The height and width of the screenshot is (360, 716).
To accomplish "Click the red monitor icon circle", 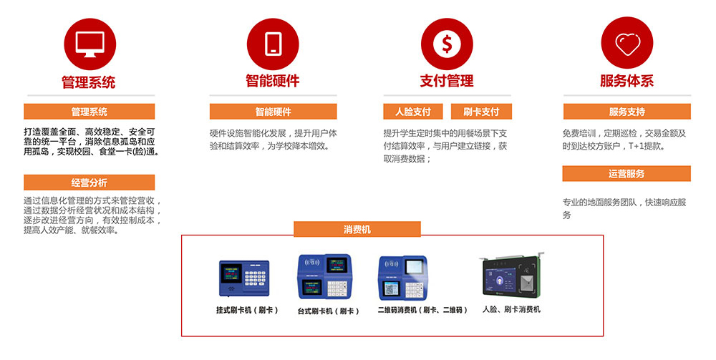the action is coord(90,44).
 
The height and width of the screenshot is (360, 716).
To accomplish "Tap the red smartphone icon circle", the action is coord(273,44).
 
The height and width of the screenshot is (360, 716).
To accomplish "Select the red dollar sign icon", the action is coord(447,44).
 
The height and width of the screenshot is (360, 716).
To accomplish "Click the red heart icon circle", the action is coord(627,43).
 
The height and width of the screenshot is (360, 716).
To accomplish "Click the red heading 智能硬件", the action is coord(273,81).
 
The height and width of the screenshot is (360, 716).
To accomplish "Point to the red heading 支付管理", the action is coord(447,81).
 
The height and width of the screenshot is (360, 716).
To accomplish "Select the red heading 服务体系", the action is coord(627,81).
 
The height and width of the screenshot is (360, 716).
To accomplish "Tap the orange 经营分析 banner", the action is coord(89,183).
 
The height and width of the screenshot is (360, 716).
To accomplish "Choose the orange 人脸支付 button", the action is coord(413,112).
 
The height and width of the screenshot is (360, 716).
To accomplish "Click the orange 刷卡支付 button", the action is coord(481,112).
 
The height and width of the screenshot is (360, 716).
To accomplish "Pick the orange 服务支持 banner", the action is coord(627,112).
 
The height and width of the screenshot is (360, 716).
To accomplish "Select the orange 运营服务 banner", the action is coord(626,174).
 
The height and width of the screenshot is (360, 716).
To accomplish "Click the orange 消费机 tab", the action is coord(357,229).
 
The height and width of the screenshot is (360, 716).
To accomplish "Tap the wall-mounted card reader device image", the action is coord(244,278).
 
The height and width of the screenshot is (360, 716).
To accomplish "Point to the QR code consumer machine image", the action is coord(402,278).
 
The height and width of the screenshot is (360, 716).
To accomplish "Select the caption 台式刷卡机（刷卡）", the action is coord(329,311).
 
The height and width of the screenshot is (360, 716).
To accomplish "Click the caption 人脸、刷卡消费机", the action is coord(511,309).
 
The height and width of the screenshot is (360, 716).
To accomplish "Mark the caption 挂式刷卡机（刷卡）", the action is coord(247,311).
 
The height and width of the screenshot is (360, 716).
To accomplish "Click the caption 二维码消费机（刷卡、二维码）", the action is coord(422,311).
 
